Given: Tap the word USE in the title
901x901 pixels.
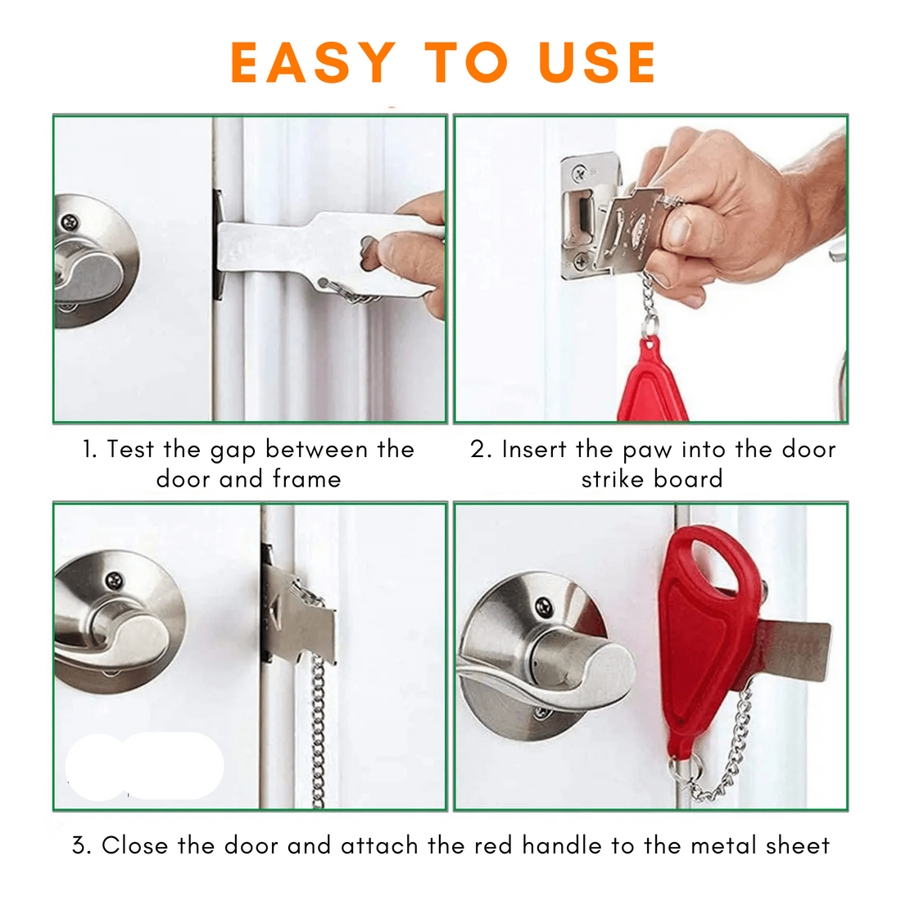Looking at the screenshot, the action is point(598,62).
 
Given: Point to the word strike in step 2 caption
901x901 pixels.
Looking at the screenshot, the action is point(613,478).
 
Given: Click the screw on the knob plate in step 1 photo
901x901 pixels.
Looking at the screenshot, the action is point(70,222).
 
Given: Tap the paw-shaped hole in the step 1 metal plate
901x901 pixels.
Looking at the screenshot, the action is point(369,253).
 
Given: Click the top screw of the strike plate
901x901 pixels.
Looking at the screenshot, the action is point(581,171).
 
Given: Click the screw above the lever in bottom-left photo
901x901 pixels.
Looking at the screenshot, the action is point(115,581).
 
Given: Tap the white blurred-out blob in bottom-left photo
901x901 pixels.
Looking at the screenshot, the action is point(144,766).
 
